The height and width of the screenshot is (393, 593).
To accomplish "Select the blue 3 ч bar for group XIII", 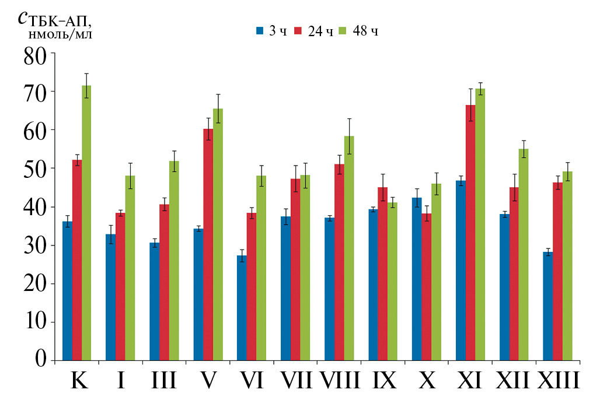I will [x=547, y=306].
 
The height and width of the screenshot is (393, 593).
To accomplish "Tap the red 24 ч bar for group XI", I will [x=470, y=233].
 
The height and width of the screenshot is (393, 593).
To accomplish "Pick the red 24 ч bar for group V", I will [x=208, y=244].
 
